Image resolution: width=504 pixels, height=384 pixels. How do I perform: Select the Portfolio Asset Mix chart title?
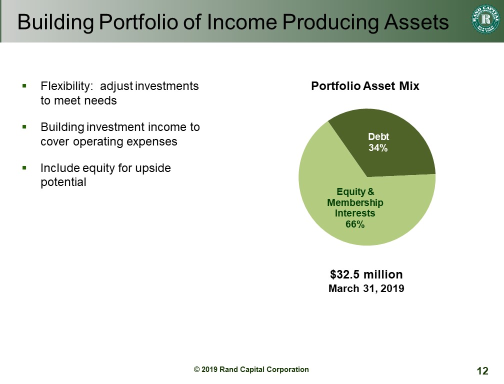pos(365,86)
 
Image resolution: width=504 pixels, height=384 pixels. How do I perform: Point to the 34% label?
pos(378,148)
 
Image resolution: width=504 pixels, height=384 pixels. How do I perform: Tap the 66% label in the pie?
pos(355,224)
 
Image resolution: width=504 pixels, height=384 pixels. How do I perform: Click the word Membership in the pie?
pos(355,202)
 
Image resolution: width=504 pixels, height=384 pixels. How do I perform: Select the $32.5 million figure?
pos(366,274)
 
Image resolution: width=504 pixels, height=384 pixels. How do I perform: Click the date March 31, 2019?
pos(366,288)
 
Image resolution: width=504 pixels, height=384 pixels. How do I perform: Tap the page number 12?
pos(482,371)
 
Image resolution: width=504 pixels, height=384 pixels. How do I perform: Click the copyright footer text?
pos(251,369)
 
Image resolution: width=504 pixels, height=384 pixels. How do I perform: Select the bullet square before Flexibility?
pos(24,86)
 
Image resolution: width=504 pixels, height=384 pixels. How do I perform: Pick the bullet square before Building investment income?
pos(24,127)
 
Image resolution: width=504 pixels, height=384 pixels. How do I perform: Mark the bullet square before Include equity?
pos(24,168)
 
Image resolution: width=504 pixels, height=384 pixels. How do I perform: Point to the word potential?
pos(63,182)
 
